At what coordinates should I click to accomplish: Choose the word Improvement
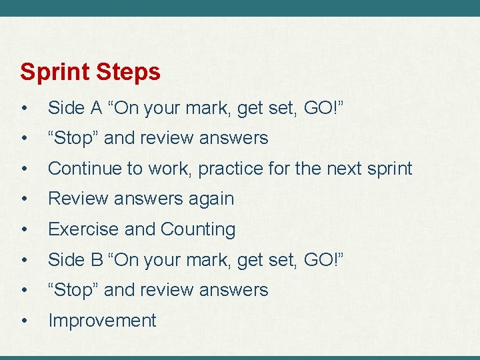[x=102, y=321]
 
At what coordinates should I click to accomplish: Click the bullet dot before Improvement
[x=24, y=321]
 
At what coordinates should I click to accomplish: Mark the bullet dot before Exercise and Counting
[x=24, y=229]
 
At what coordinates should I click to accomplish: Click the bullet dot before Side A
[x=24, y=108]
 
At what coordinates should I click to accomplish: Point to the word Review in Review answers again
[x=75, y=199]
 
